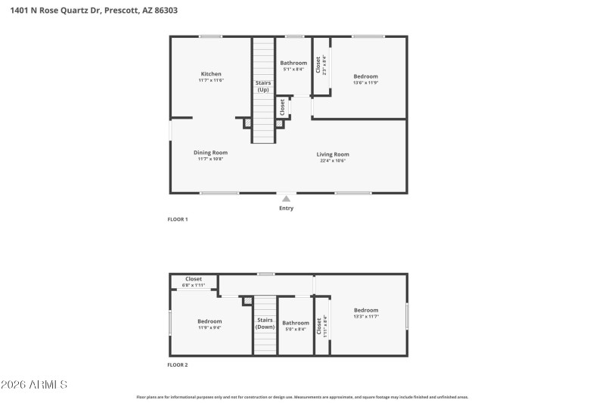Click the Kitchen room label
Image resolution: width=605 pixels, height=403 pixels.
[211, 74]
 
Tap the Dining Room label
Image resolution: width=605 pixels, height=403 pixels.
[211, 153]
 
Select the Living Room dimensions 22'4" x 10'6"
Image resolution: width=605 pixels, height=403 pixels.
[333, 160]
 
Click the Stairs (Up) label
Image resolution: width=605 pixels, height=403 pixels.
[263, 86]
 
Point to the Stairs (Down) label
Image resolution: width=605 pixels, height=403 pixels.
[265, 323]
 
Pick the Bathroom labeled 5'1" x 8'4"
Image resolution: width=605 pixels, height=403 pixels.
[293, 66]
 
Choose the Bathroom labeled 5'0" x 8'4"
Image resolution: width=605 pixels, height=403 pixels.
[296, 326]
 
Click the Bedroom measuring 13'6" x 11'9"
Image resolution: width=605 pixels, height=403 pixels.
[366, 79]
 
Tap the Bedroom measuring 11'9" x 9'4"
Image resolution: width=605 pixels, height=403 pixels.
[209, 324]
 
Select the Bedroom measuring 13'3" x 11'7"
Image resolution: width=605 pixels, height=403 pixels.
[366, 313]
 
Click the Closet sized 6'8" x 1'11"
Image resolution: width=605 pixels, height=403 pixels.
[194, 281]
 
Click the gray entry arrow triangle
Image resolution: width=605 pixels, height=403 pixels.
[286, 198]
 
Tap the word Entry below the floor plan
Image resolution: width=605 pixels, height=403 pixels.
[286, 208]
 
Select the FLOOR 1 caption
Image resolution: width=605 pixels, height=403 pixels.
[177, 219]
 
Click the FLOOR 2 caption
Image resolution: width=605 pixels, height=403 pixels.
[177, 364]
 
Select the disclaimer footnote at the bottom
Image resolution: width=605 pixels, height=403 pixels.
[302, 396]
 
